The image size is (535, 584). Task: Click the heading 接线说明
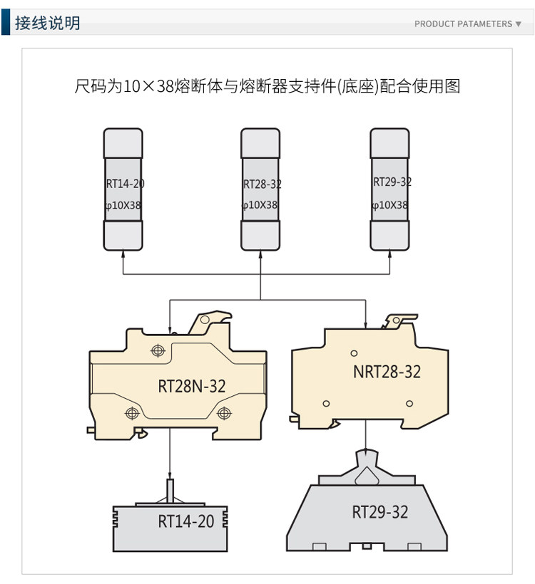click(48, 24)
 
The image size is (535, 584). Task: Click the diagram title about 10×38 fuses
click(267, 87)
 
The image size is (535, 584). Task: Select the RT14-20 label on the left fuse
click(125, 184)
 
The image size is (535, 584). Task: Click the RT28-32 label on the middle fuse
click(262, 184)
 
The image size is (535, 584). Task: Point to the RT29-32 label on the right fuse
click(392, 182)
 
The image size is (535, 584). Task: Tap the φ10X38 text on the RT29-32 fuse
click(390, 205)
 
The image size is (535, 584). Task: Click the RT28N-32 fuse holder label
click(191, 386)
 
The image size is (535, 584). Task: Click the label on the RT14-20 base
click(185, 521)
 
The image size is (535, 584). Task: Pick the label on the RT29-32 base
click(380, 512)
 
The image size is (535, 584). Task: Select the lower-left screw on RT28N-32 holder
click(131, 412)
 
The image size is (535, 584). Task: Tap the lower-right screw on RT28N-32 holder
click(225, 412)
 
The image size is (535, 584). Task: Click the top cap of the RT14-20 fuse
click(123, 140)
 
